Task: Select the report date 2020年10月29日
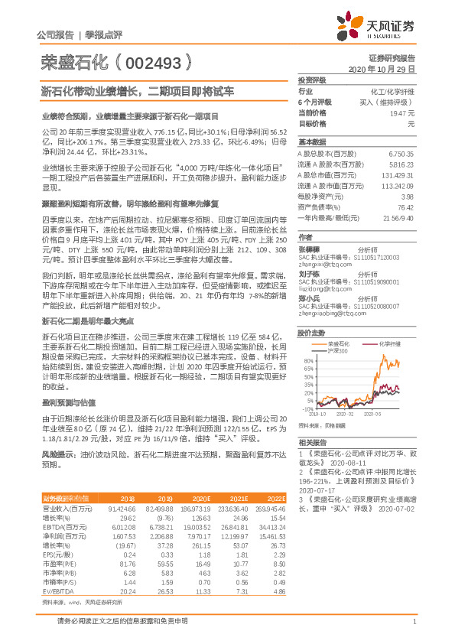point(385,69)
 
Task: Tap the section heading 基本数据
point(311,142)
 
